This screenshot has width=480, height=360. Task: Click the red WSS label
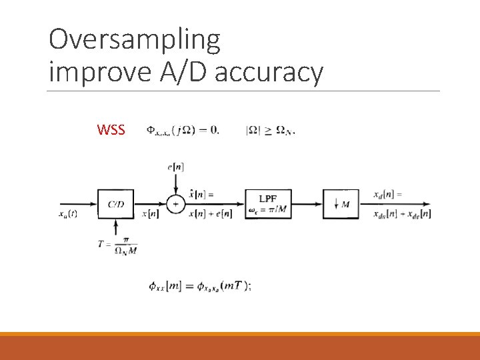click(111, 130)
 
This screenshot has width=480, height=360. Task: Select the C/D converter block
click(116, 203)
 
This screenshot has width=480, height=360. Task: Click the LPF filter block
click(269, 203)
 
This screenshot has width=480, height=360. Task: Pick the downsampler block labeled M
click(341, 203)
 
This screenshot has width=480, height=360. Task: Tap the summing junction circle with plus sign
click(175, 203)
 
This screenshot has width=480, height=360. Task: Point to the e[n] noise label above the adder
click(175, 166)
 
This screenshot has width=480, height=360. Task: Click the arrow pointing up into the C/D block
click(116, 227)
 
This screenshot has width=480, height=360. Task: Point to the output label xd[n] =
click(389, 194)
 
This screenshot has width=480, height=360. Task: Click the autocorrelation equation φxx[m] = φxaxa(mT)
click(200, 286)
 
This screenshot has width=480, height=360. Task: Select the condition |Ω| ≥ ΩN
click(270, 130)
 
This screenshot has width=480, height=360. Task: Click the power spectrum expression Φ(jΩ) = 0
click(182, 130)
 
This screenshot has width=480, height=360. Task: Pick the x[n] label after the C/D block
click(150, 213)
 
